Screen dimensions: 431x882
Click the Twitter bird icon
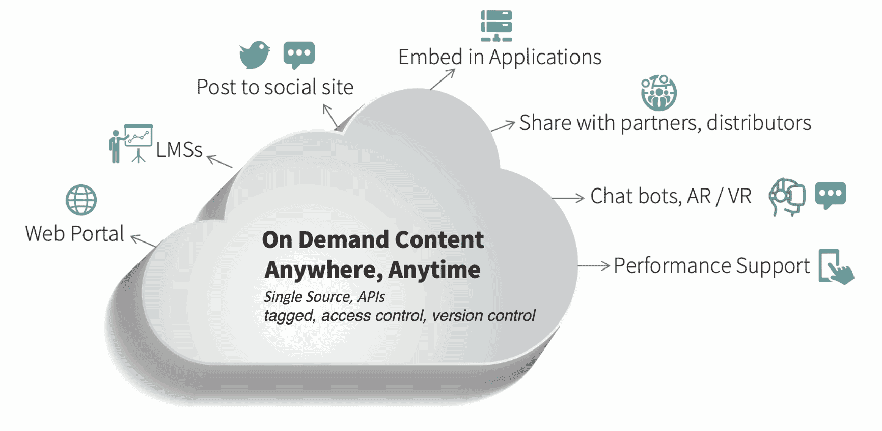[255, 55]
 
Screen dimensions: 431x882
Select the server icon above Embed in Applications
[496, 25]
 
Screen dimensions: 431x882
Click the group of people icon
[658, 93]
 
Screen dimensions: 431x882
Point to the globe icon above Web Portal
[81, 200]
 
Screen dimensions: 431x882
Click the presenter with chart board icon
[131, 144]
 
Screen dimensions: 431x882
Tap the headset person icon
[787, 196]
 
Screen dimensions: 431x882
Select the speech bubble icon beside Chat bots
[830, 195]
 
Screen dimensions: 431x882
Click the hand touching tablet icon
[835, 266]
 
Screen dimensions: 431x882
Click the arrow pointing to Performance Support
[594, 265]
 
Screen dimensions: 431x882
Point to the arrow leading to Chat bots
[568, 198]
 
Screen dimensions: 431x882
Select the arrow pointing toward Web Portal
[144, 241]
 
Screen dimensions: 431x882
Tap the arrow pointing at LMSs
[219, 161]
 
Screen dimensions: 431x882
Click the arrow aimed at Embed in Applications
[443, 79]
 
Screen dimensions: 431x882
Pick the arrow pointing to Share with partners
[503, 126]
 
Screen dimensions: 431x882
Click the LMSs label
[179, 150]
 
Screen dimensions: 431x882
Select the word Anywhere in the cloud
[323, 270]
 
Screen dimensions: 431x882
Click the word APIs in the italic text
[371, 297]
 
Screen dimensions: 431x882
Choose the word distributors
[759, 123]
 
